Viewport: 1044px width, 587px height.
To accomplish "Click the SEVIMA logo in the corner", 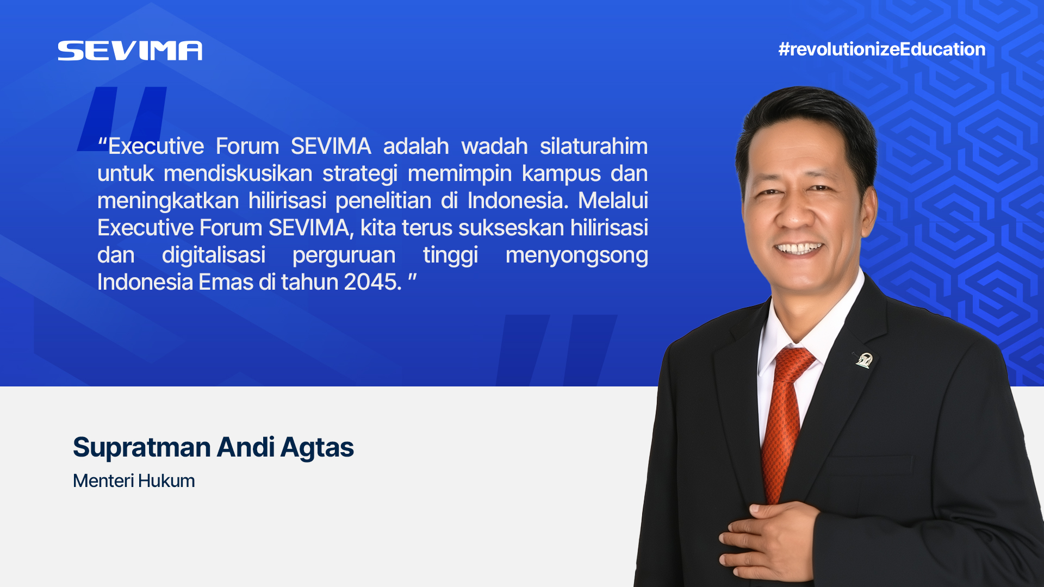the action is [130, 51].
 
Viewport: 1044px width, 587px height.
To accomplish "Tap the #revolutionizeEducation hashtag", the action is [882, 49].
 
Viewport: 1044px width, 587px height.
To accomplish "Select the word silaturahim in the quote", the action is [594, 146].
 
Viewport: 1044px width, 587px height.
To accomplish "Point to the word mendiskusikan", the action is [238, 173].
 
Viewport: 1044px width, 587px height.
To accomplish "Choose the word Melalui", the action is [613, 201].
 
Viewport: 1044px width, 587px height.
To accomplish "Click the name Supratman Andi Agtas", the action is [213, 448].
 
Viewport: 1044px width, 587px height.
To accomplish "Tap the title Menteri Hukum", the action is [134, 481].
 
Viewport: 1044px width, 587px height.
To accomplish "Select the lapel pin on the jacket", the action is [863, 360].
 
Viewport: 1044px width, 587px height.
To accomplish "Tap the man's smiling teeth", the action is [798, 249].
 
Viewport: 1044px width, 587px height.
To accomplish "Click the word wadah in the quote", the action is [494, 146].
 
